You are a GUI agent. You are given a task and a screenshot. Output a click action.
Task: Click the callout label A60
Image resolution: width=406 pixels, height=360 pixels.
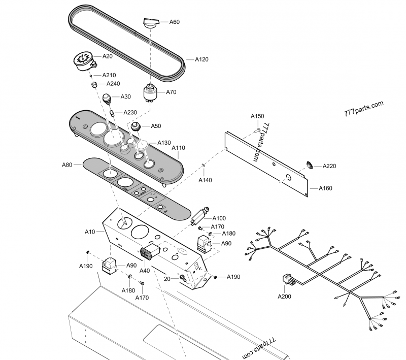coord(174,22)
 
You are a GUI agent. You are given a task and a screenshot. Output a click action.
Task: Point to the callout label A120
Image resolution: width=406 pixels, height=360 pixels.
coord(201,59)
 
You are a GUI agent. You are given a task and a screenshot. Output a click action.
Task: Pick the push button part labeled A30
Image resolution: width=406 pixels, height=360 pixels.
coord(108,98)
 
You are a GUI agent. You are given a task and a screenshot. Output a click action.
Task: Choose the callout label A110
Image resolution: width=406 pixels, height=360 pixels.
coord(179,148)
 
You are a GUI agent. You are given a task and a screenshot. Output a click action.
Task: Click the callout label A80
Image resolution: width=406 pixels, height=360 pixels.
coord(67,165)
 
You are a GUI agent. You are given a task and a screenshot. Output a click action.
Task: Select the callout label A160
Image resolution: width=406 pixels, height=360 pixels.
coord(325,188)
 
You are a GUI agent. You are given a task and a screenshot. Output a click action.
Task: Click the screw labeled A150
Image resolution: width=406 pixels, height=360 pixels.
coord(257,130)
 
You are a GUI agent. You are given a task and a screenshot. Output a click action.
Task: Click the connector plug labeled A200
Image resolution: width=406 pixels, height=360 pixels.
coord(287,281)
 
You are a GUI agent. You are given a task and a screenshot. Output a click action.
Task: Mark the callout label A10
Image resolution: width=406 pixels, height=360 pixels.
coord(89,232)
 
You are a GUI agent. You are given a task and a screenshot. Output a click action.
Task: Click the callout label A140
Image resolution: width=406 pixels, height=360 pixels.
coord(205,180)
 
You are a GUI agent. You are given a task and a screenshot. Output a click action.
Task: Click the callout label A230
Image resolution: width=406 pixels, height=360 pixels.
coord(130,113)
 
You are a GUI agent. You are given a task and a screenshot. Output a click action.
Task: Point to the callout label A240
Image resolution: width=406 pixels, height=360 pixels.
coord(113,84)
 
